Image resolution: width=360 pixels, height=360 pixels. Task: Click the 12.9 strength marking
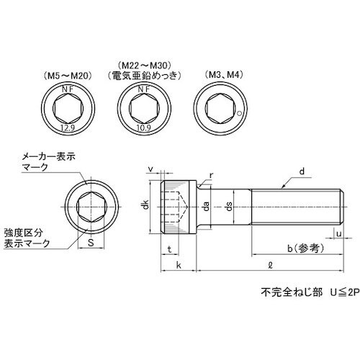(x=69, y=127)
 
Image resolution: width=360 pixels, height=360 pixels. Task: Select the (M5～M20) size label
(x=69, y=76)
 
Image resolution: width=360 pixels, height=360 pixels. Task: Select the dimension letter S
(x=91, y=243)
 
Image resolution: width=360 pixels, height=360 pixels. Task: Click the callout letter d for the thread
(x=303, y=171)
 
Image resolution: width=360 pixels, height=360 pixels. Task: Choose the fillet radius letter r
(x=210, y=174)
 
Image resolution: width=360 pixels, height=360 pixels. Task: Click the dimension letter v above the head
(x=150, y=171)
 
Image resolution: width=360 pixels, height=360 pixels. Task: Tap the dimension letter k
(x=177, y=265)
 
